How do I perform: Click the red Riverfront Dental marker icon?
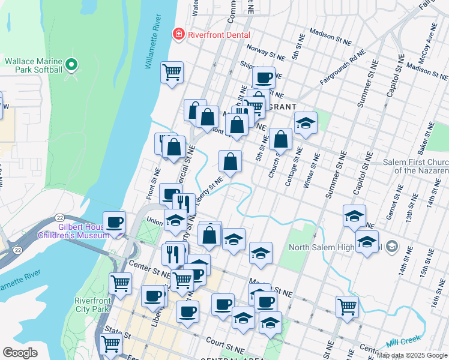click(x=178, y=34)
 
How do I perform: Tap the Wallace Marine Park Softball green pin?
click(x=72, y=64)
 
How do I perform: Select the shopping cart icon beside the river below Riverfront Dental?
click(x=172, y=73)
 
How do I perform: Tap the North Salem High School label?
click(x=336, y=247)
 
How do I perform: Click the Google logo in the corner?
click(x=20, y=353)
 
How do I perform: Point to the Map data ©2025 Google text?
click(x=412, y=355)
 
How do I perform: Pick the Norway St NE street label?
click(x=265, y=52)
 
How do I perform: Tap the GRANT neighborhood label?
click(x=280, y=106)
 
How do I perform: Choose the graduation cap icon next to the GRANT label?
click(x=306, y=123)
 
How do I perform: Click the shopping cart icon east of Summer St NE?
click(x=347, y=307)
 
